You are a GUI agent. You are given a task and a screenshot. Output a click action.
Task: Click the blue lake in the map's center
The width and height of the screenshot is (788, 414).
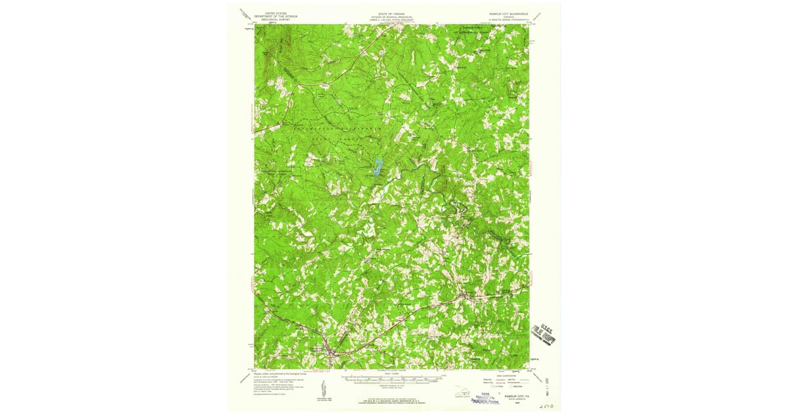(377, 166)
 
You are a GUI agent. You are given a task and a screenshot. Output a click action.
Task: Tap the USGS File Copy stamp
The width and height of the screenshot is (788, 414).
(544, 335)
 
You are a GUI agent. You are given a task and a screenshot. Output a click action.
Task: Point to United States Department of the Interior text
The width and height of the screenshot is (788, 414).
(276, 15)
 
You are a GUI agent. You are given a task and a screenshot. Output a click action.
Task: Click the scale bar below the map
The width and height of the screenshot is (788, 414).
(393, 379)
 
